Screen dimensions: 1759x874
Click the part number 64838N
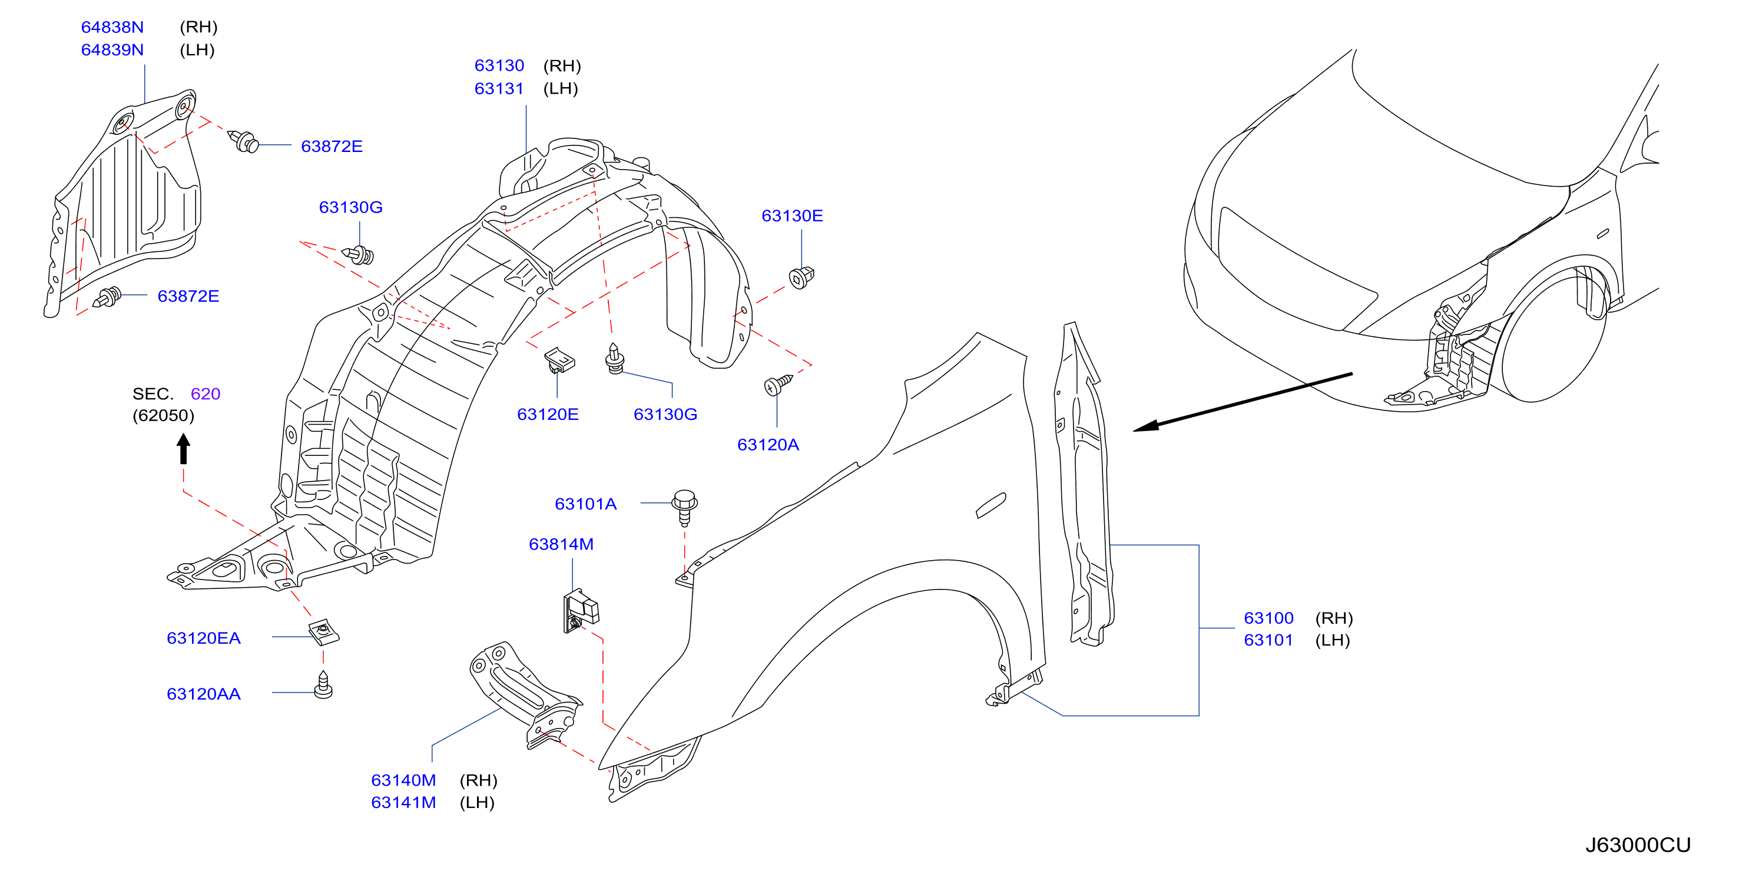point(112,27)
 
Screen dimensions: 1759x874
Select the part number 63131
point(499,89)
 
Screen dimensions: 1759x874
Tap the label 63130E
point(792,216)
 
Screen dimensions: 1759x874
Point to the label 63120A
point(768,445)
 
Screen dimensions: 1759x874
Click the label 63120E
point(548,415)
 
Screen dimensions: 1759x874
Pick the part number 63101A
point(586,504)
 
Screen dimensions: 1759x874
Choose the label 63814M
point(561,544)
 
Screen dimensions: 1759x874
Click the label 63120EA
point(204,638)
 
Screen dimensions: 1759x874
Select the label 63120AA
point(204,694)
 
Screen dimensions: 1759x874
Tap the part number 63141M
point(403,802)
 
